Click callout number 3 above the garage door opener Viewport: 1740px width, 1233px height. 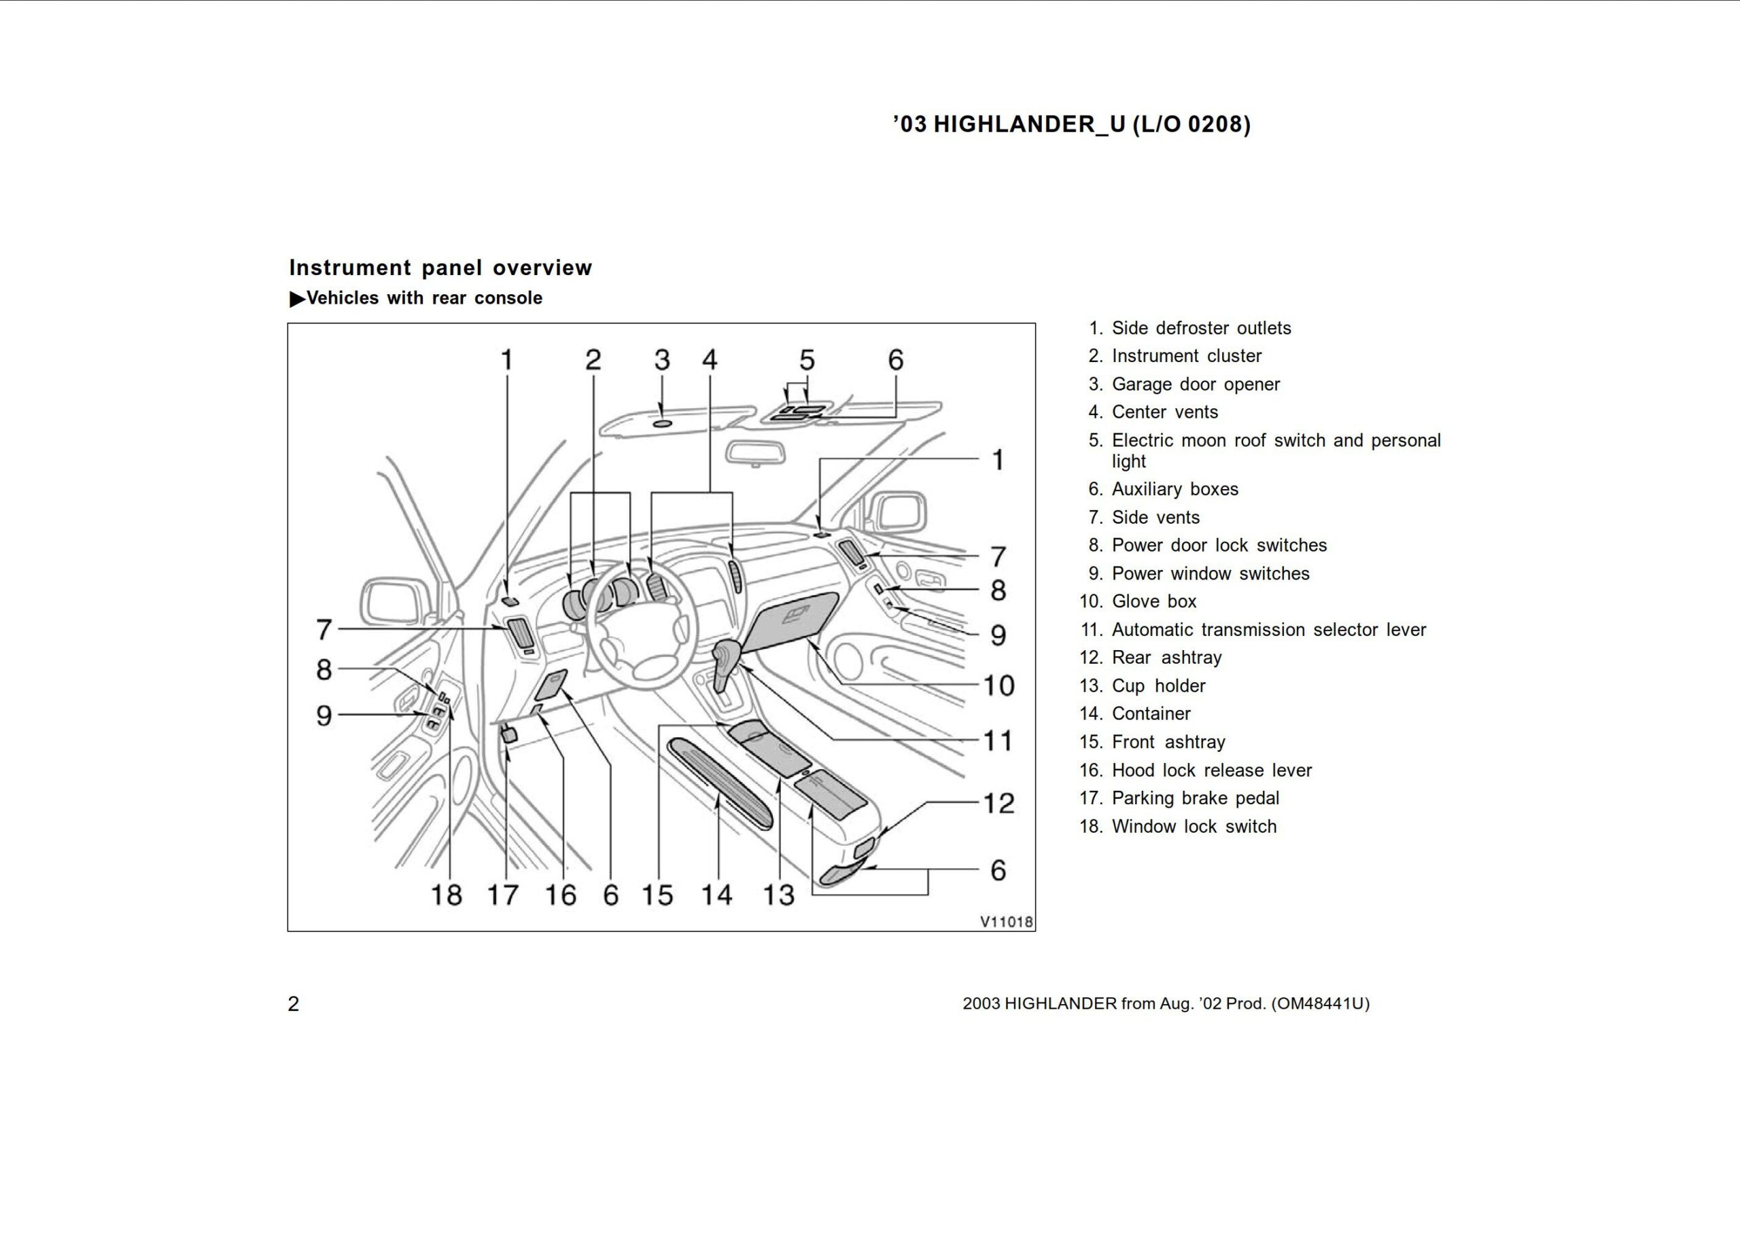click(661, 360)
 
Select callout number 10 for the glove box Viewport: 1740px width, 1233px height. click(998, 685)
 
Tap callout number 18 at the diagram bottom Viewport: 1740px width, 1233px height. click(446, 895)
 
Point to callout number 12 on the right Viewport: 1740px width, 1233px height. click(998, 803)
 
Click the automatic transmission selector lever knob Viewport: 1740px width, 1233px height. click(727, 652)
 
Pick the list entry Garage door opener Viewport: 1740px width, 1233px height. click(1195, 385)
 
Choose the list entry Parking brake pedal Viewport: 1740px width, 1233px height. click(1195, 798)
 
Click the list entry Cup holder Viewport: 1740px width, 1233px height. click(1158, 685)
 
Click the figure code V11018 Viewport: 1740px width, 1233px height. click(1005, 922)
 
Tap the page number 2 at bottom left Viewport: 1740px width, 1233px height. click(293, 1003)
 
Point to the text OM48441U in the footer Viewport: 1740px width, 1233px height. click(1320, 1003)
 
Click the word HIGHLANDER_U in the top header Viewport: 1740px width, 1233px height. click(1028, 124)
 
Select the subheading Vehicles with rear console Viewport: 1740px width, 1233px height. click(424, 298)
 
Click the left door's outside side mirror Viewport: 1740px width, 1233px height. click(395, 601)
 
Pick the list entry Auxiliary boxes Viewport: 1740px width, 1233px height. click(1174, 489)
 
